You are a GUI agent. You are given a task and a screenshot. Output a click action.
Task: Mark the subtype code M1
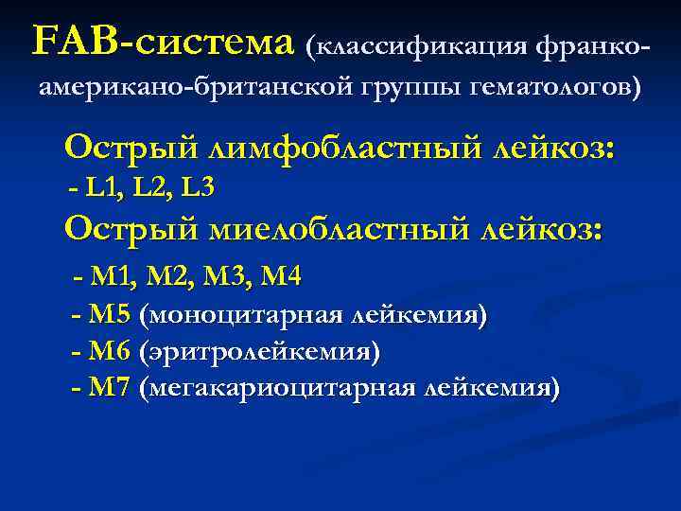tap(112, 276)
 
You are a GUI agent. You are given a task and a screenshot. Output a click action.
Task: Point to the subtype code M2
tap(166, 276)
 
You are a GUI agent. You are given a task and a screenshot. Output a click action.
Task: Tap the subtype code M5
tap(110, 314)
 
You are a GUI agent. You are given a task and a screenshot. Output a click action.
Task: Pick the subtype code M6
tap(110, 352)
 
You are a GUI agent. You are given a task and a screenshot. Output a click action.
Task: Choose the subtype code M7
tap(110, 388)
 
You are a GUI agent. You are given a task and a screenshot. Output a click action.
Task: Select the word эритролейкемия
tap(259, 353)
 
